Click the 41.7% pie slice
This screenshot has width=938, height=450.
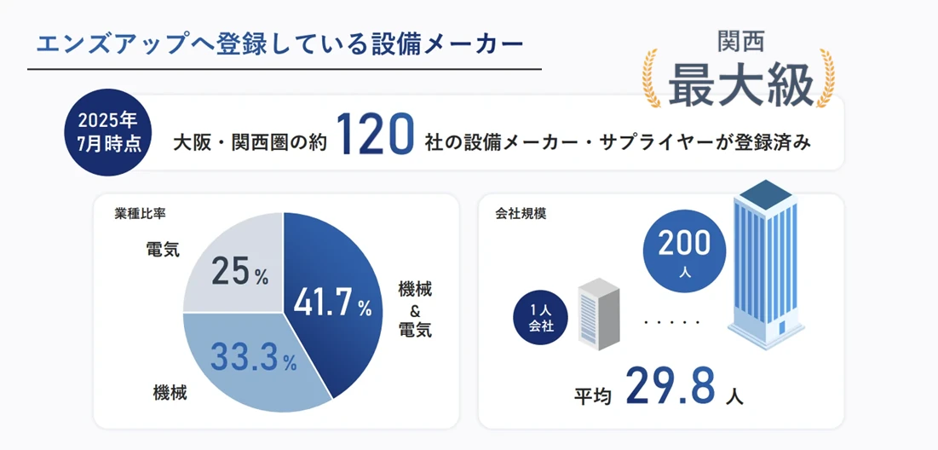click(332, 298)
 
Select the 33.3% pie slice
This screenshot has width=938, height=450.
click(247, 358)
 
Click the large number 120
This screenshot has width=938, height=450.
click(375, 136)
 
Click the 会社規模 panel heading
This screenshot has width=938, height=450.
click(521, 213)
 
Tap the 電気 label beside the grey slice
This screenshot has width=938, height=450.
click(163, 250)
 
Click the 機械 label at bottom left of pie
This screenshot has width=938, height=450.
click(170, 393)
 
